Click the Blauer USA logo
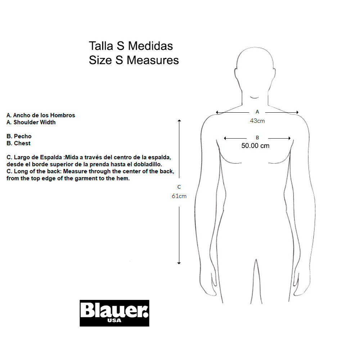coord(114,313)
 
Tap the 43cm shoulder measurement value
coord(257,121)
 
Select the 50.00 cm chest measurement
coord(255,145)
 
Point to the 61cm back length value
coord(179,196)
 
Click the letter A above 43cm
coord(257,112)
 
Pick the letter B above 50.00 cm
coord(257,138)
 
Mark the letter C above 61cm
coord(179,187)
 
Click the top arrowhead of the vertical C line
coord(179,120)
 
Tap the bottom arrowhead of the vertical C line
coord(179,263)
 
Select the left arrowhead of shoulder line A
coord(217,112)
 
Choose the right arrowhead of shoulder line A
coord(297,112)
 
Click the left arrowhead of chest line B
coord(225,138)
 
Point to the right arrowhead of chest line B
coord(289,138)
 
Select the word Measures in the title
coord(153,60)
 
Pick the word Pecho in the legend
coord(22,136)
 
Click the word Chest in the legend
coord(22,143)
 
